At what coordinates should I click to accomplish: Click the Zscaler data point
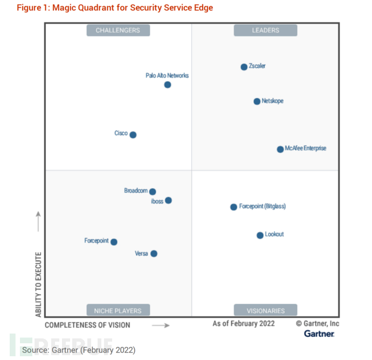point(244,67)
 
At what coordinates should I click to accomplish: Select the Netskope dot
point(257,101)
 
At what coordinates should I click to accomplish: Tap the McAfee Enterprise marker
point(280,150)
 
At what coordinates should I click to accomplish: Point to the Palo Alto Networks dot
point(168,85)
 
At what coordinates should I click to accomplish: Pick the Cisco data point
point(133,135)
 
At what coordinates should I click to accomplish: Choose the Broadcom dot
point(153,192)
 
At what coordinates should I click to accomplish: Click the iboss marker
point(168,201)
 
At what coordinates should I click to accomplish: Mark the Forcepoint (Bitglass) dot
point(233,207)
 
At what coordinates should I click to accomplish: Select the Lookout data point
point(260,235)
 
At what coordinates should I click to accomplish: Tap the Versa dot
point(154,254)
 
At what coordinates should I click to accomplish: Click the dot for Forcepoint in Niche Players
point(114,242)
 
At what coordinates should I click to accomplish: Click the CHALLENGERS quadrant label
point(118,31)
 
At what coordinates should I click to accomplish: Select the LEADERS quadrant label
point(265,31)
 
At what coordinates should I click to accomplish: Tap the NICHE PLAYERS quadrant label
point(118,310)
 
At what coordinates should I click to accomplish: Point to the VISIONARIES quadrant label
point(265,310)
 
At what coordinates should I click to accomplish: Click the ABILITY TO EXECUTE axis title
point(38,284)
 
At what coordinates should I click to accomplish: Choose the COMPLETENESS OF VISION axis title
point(87,325)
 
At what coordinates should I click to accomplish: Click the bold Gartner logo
point(319,334)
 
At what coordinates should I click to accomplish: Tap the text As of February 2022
point(244,323)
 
